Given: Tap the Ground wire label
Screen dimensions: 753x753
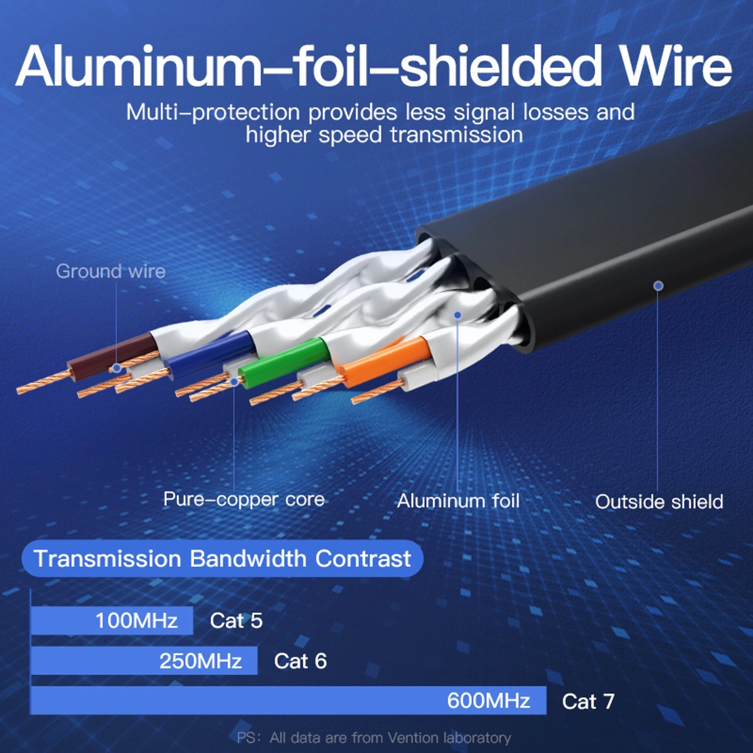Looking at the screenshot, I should click(x=110, y=271).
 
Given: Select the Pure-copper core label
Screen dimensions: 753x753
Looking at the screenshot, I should click(x=244, y=499).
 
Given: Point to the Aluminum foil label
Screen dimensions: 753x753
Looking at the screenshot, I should click(x=458, y=500).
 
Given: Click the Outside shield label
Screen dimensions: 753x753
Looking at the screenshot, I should click(x=659, y=501).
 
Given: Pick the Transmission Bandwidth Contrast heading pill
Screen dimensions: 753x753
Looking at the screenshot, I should click(x=222, y=558).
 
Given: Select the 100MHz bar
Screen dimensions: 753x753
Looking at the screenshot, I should click(x=111, y=620).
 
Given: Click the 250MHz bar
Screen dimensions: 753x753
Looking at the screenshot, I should click(x=144, y=661).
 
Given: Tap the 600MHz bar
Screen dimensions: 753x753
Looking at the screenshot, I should click(x=288, y=700).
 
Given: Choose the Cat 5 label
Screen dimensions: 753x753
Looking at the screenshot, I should click(x=236, y=620).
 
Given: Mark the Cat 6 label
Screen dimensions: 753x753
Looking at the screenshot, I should click(x=300, y=661).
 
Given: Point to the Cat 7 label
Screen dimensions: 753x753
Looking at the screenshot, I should click(x=588, y=701).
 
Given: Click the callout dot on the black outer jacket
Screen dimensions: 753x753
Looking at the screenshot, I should click(x=658, y=286).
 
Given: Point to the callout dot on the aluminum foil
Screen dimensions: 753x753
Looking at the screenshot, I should click(x=457, y=315).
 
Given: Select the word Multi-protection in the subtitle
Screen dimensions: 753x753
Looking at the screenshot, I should click(x=213, y=112).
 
